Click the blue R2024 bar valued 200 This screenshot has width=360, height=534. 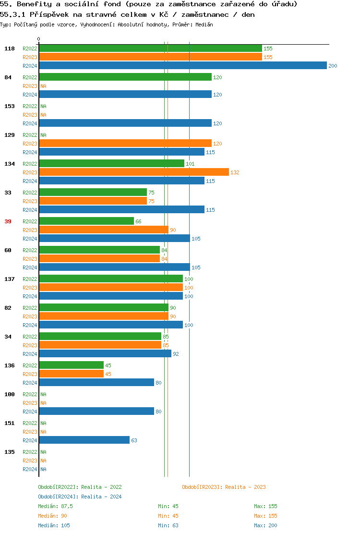182,66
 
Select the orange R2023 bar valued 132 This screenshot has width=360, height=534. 134,172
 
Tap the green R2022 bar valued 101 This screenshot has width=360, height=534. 111,164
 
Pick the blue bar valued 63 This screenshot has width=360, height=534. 84,440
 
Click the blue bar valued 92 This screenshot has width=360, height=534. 105,354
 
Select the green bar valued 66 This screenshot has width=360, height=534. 86,221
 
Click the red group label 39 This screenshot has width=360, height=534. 8,221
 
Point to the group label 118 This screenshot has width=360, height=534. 10,49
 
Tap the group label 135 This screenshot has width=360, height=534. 10,452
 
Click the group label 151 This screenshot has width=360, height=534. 10,423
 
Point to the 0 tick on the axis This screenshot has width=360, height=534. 39,39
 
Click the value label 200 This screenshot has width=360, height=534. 333,66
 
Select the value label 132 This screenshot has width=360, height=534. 235,172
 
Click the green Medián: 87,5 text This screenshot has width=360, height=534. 55,506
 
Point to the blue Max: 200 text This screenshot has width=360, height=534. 265,525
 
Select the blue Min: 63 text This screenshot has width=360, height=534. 168,525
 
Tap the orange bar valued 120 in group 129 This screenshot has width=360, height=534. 125,144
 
